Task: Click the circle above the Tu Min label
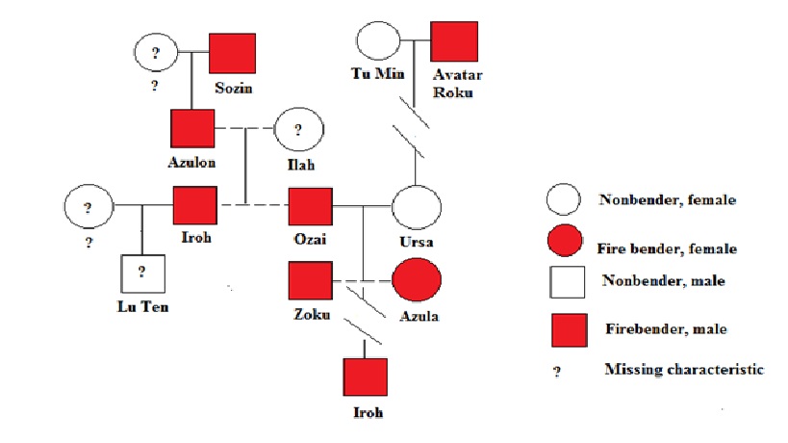(378, 42)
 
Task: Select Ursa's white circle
(417, 206)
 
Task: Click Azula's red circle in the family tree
(417, 280)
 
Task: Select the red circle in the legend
(562, 238)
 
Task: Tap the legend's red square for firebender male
(569, 329)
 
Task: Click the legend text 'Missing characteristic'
(683, 370)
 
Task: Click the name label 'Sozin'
(234, 89)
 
